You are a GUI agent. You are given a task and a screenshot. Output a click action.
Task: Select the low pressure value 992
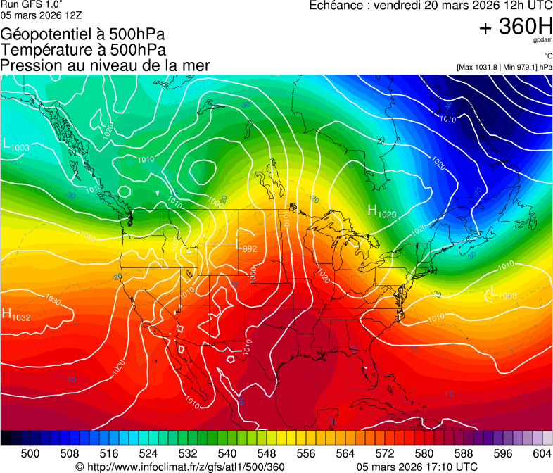[x=250, y=248]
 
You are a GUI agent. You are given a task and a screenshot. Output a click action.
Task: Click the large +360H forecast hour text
[x=516, y=27]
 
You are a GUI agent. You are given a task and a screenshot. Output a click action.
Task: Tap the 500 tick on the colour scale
[x=30, y=452]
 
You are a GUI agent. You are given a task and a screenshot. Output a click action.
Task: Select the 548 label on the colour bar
[x=267, y=452]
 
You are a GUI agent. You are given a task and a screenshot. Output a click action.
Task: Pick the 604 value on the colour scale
[x=542, y=452]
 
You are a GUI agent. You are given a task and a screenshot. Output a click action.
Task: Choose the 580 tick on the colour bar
[x=424, y=452]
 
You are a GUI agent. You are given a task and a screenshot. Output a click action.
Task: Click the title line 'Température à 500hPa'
[x=83, y=49]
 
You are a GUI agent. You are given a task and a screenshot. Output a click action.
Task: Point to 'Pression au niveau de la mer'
[x=105, y=65]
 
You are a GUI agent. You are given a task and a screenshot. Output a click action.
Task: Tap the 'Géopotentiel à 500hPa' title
[x=84, y=34]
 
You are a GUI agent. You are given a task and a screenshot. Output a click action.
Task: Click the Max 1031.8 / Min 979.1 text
[x=504, y=67]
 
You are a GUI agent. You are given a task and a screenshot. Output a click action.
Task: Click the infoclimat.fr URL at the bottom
[x=179, y=467]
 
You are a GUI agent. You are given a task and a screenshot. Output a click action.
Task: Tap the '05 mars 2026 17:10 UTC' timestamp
[x=417, y=467]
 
